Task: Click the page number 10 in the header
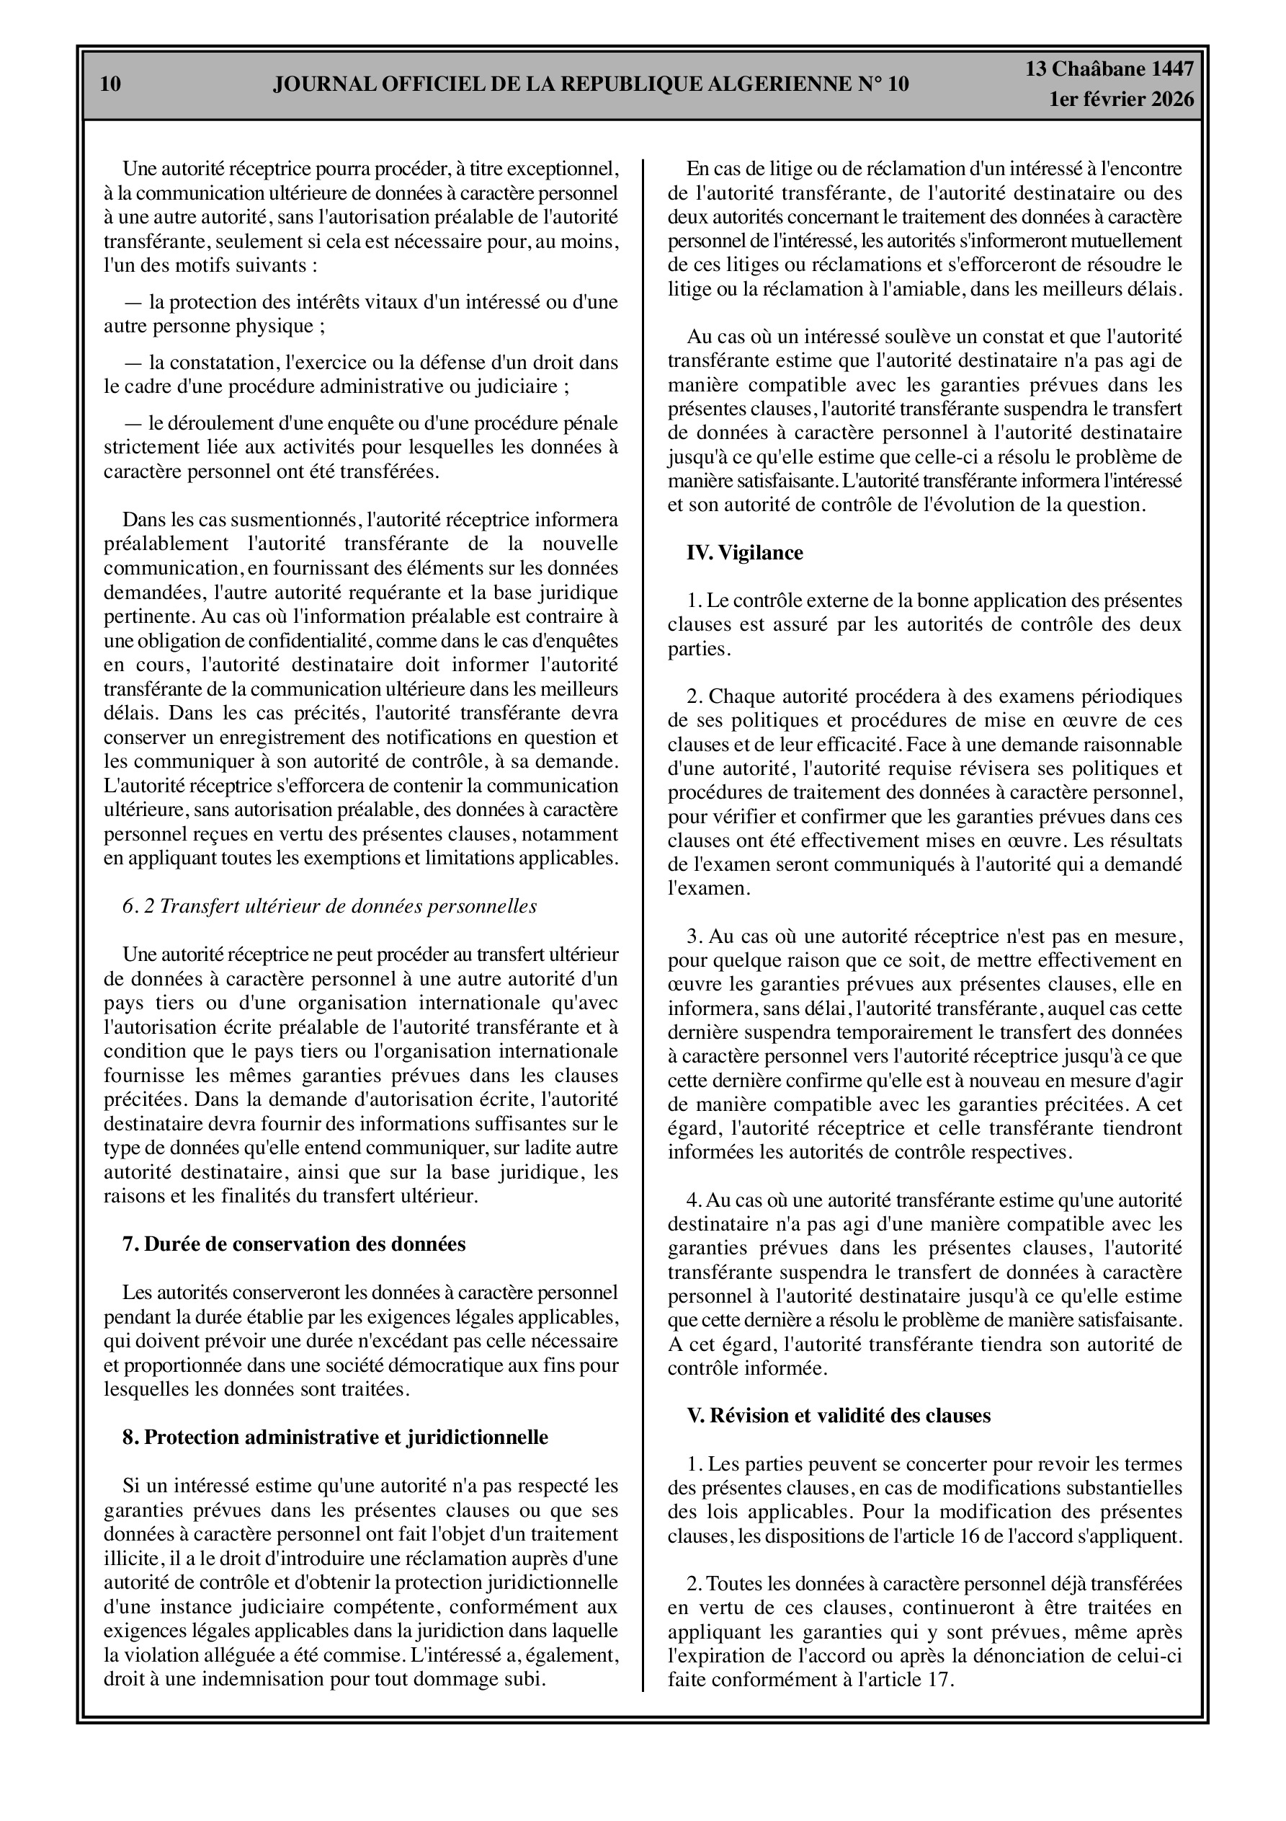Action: pos(111,84)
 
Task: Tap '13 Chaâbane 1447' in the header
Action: pos(1109,69)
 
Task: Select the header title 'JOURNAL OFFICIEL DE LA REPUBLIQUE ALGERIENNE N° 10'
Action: pos(591,84)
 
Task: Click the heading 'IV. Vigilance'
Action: pos(744,553)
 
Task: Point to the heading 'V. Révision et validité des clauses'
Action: pos(838,1415)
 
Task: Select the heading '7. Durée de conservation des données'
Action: pos(294,1244)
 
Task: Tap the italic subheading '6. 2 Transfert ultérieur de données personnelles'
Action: pos(330,905)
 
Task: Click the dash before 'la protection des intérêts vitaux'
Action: pos(133,302)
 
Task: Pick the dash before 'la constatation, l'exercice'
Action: pos(133,363)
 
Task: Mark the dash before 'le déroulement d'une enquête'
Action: pos(133,423)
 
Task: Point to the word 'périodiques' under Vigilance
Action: pos(1133,696)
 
